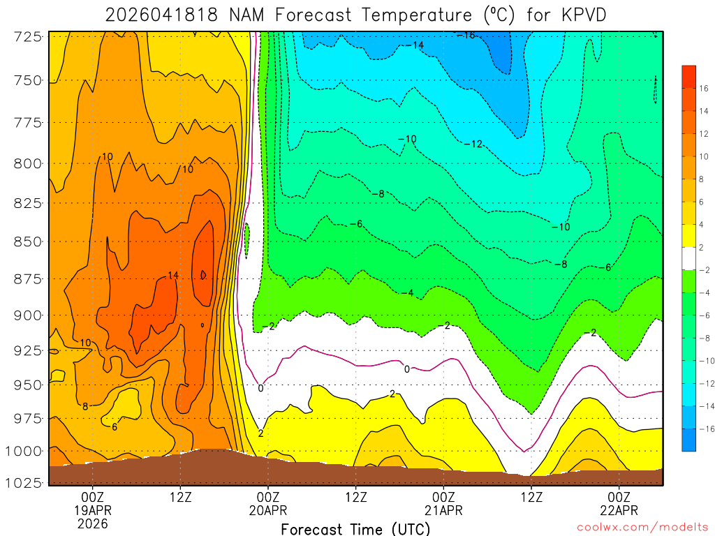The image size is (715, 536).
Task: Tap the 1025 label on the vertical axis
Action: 26,482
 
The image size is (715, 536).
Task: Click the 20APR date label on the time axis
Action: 268,509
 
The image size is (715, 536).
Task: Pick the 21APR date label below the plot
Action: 443,509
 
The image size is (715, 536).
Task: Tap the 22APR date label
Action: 620,509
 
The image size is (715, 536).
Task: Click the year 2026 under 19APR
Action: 93,523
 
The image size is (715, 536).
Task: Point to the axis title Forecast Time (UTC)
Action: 356,529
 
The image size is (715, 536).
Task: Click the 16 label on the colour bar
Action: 704,88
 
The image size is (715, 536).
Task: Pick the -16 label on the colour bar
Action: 702,429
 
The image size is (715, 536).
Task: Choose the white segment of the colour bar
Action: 688,258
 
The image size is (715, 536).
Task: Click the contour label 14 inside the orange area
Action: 173,276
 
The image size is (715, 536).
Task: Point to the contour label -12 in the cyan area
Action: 473,144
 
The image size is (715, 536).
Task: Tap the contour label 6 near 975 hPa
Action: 115,426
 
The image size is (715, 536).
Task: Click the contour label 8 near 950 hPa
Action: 84,406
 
